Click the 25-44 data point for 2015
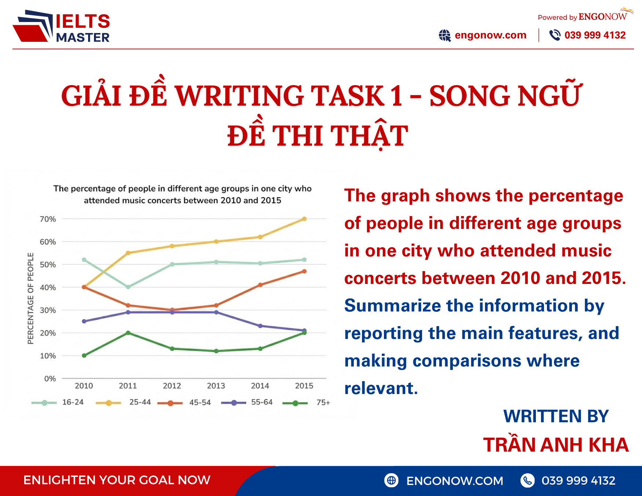304,219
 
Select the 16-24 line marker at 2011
128,287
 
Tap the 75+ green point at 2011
128,333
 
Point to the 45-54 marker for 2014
260,285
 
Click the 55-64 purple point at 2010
84,321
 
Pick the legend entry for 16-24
59,402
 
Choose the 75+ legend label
323,402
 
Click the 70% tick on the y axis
48,219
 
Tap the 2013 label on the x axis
216,386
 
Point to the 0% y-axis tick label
50,379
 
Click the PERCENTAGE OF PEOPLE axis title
30,298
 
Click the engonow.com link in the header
490,35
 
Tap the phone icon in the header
555,35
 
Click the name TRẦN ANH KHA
556,445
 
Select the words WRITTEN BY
556,416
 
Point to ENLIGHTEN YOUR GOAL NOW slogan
117,480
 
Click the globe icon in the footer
391,480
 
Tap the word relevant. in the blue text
381,388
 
